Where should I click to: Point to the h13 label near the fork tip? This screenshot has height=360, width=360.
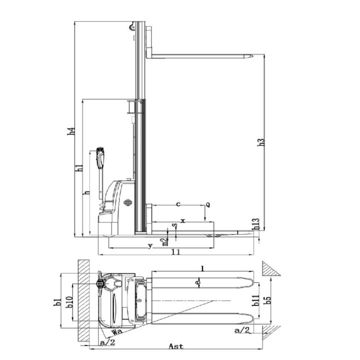click(x=255, y=224)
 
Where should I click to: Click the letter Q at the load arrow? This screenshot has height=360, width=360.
click(x=207, y=205)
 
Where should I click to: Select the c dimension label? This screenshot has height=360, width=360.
click(x=178, y=204)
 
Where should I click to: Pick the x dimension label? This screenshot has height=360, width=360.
click(x=182, y=220)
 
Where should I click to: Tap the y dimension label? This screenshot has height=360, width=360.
click(x=149, y=245)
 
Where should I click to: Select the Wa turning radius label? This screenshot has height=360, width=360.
click(x=117, y=331)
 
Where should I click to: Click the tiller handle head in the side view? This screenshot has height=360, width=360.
click(x=100, y=156)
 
